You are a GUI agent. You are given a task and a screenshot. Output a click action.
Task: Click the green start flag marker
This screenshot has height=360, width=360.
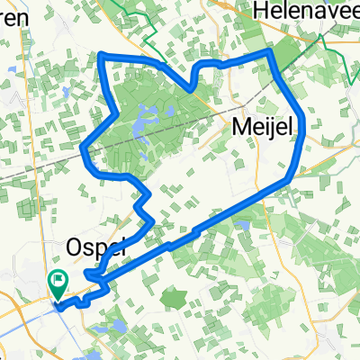(x=59, y=282)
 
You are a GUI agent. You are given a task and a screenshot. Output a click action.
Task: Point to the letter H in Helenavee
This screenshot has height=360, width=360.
(x=260, y=11)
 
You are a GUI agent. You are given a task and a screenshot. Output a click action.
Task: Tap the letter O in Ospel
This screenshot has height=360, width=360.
(x=76, y=246)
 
